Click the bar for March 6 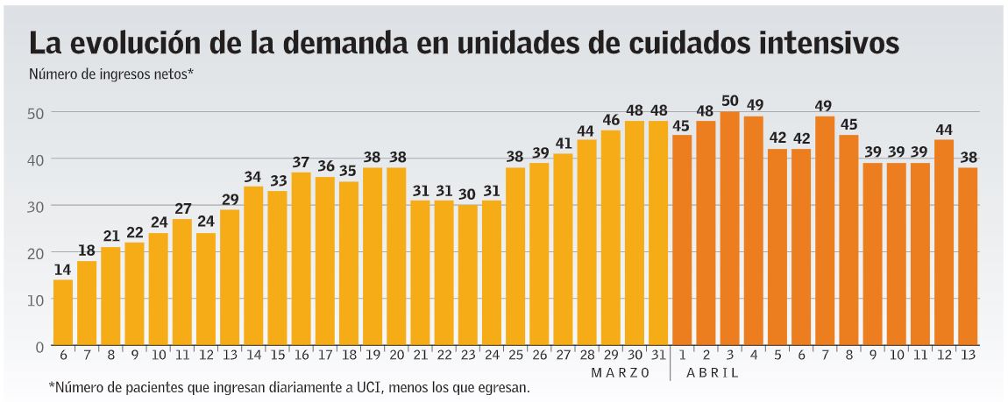tap(63, 313)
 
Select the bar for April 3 tap(729, 229)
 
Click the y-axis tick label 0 tap(39, 346)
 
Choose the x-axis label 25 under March tap(515, 356)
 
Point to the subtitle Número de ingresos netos tap(110, 74)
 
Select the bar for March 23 tap(467, 276)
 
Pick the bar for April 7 tap(824, 231)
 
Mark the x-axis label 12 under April tap(943, 356)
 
